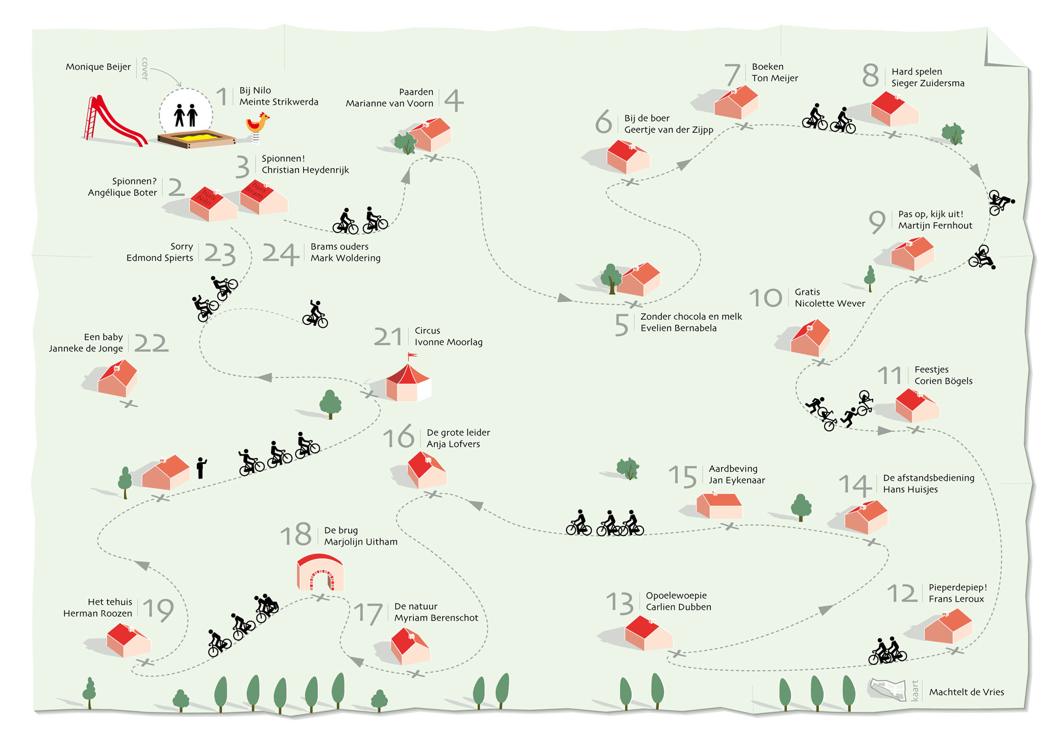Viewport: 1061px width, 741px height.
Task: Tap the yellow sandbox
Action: tap(195, 137)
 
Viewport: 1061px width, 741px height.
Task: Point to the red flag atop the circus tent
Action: tap(411, 355)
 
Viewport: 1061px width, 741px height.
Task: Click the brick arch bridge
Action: tap(320, 573)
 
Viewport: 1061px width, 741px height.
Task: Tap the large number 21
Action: tap(388, 337)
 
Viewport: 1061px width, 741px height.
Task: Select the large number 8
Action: tap(870, 76)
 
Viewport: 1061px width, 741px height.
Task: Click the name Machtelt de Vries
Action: tap(966, 692)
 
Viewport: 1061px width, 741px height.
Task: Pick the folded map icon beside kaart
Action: tap(887, 689)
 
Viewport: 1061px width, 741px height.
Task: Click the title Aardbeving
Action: tap(733, 469)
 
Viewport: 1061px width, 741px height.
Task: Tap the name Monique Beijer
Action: tap(98, 67)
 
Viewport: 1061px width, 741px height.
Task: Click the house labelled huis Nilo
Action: tap(212, 203)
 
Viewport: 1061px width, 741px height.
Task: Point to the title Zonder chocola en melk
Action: tap(691, 317)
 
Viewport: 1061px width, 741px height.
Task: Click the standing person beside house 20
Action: tap(202, 468)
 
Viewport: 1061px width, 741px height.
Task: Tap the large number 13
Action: tap(619, 603)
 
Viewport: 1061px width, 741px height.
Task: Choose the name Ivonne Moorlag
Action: tap(448, 342)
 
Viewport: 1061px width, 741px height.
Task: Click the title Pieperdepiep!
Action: tap(957, 587)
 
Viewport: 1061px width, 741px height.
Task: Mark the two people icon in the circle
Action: tap(185, 115)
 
